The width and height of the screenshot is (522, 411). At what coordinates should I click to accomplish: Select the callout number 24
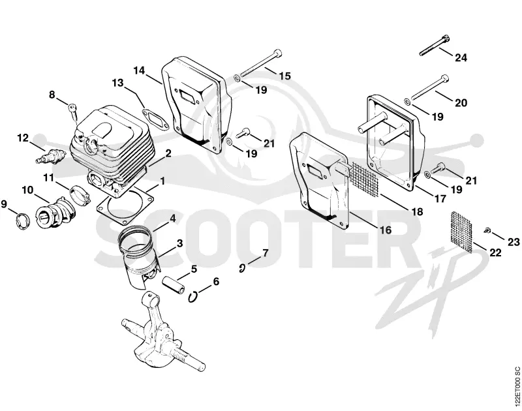pos(461,57)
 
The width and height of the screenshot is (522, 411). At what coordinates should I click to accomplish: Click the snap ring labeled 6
pos(192,297)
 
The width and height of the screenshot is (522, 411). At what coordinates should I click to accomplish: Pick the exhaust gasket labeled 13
pos(155,118)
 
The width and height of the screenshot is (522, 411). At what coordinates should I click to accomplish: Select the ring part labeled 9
pos(23,221)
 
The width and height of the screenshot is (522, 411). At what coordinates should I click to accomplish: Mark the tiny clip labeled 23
pos(487,230)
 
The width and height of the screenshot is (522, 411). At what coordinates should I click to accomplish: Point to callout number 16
pos(386,230)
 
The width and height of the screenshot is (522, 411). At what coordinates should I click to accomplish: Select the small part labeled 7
pos(242,267)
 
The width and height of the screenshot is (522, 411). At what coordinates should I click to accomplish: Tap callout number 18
pos(417,211)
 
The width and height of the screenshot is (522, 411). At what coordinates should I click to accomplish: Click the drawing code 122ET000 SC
pos(516,387)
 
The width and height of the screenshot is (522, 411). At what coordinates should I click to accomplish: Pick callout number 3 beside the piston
pos(180,243)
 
